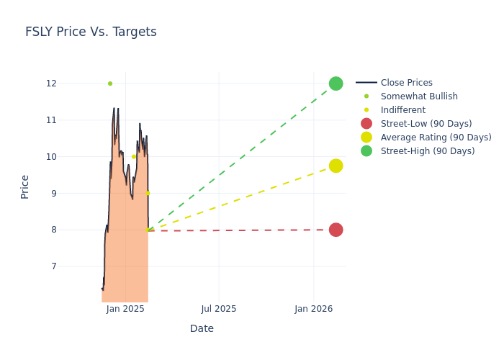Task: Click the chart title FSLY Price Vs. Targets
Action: click(x=91, y=32)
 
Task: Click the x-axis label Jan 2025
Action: click(x=125, y=309)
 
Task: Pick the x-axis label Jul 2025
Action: click(x=219, y=309)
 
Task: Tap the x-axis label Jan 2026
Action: click(x=313, y=309)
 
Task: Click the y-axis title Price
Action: click(x=25, y=186)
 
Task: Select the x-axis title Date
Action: click(x=202, y=328)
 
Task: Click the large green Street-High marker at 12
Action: click(x=336, y=84)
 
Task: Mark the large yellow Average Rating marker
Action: click(x=336, y=166)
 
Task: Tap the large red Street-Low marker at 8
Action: click(x=336, y=230)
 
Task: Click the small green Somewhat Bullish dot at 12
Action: click(x=110, y=84)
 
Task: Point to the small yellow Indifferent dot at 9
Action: click(x=148, y=193)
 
